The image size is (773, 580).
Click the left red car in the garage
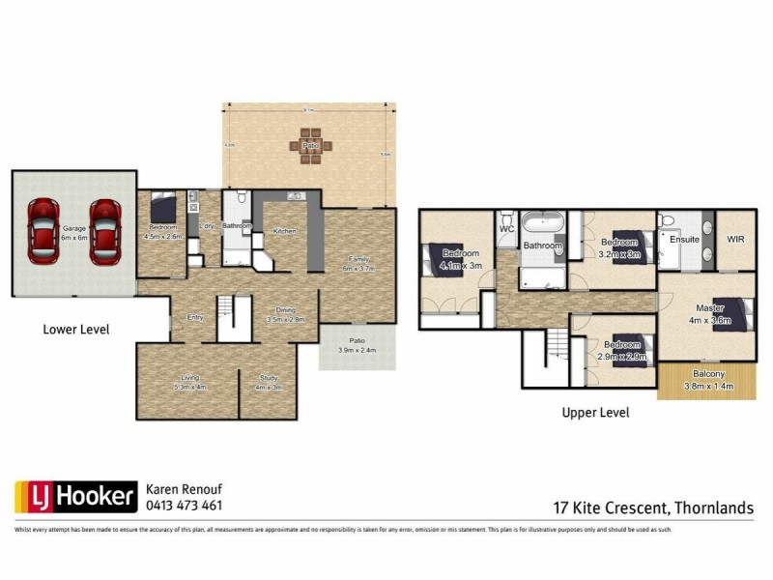(x=43, y=232)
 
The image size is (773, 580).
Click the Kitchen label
(x=284, y=232)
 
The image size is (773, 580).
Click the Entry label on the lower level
(x=195, y=317)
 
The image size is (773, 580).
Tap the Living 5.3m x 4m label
(x=188, y=382)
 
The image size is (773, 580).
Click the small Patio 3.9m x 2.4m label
(x=357, y=345)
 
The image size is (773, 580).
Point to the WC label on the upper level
(x=506, y=230)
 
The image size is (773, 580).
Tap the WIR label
(x=735, y=238)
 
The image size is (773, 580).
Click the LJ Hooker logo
(x=75, y=497)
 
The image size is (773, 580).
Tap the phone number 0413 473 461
(x=184, y=506)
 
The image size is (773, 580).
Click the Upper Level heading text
(x=595, y=413)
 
